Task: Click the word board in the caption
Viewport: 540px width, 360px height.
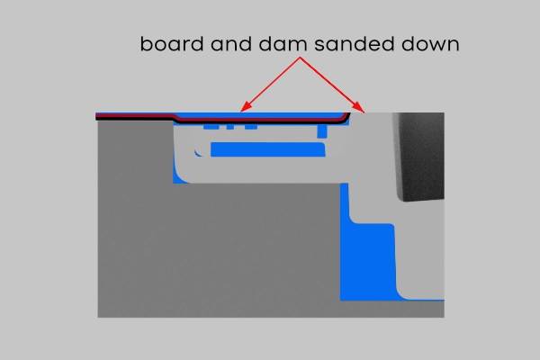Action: [x=172, y=44]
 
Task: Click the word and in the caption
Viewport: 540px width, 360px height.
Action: [x=231, y=44]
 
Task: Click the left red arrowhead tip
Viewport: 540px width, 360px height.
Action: [x=240, y=112]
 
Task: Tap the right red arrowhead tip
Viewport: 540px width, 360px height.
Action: [x=364, y=112]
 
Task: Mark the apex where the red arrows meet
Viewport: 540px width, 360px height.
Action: [x=300, y=58]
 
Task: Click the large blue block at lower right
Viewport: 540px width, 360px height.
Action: [x=368, y=262]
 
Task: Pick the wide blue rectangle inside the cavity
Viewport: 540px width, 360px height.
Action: [x=268, y=149]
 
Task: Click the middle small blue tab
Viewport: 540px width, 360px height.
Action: [x=230, y=127]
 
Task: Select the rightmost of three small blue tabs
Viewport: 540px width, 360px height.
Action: [x=251, y=127]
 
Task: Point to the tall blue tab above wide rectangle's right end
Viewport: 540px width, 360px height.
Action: [x=322, y=130]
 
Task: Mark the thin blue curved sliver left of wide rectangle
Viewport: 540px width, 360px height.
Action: [x=197, y=154]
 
